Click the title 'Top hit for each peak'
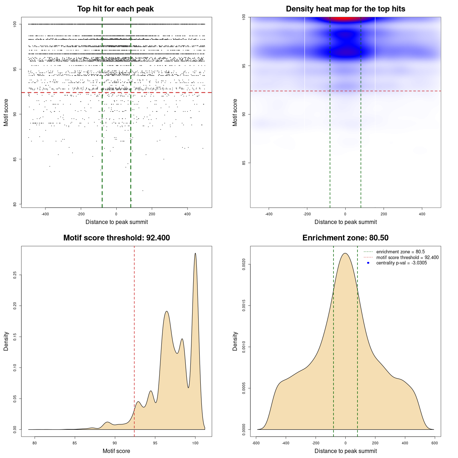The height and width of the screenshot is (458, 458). click(x=115, y=9)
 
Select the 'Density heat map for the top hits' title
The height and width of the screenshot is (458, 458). click(x=345, y=9)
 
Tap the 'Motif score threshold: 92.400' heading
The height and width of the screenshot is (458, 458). click(x=116, y=238)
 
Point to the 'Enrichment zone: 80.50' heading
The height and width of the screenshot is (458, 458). click(x=345, y=238)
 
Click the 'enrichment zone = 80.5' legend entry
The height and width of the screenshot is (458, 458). click(x=400, y=252)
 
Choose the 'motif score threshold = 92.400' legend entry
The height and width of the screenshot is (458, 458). click(x=407, y=257)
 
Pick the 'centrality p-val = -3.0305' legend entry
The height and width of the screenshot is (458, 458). click(x=401, y=263)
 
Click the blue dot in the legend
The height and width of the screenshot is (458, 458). click(x=368, y=263)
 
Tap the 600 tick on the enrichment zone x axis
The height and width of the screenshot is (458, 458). click(x=435, y=443)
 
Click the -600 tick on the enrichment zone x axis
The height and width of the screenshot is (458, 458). click(x=256, y=443)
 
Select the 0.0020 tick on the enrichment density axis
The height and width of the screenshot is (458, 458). click(x=244, y=264)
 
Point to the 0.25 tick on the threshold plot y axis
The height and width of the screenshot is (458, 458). click(x=15, y=275)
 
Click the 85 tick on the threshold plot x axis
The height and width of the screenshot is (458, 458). click(x=75, y=443)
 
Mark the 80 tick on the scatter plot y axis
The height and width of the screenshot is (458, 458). click(x=15, y=204)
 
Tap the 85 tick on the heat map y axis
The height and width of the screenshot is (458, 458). click(x=244, y=163)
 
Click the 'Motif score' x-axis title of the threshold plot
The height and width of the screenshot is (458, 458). click(x=116, y=451)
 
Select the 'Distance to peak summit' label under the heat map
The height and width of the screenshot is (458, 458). click(x=345, y=222)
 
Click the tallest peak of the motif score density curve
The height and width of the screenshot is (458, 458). click(x=195, y=253)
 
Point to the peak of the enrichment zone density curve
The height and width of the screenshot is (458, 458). click(x=345, y=253)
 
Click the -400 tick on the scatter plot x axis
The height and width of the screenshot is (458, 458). click(x=45, y=214)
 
